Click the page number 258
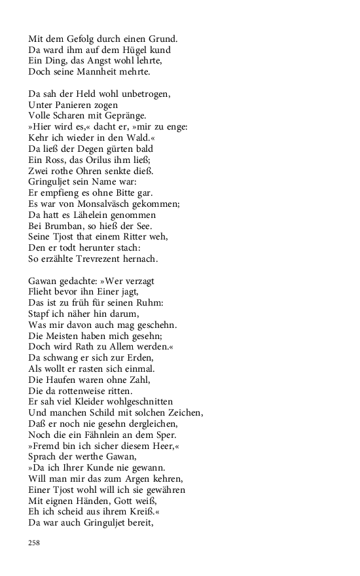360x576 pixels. pyautogui.click(x=35, y=543)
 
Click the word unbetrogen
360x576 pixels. pyautogui.click(x=141, y=94)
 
